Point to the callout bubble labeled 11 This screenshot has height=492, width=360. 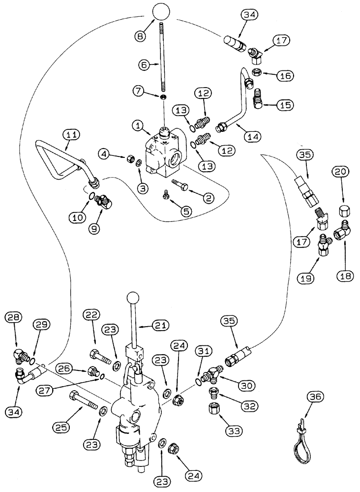pyautogui.click(x=71, y=133)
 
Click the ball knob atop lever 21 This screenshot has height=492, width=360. pyautogui.click(x=133, y=298)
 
